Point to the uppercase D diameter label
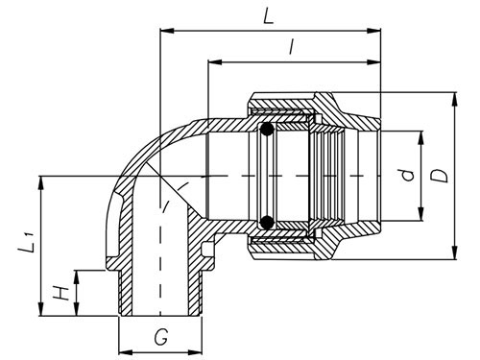coord(439,176)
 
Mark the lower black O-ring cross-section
coord(268,224)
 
